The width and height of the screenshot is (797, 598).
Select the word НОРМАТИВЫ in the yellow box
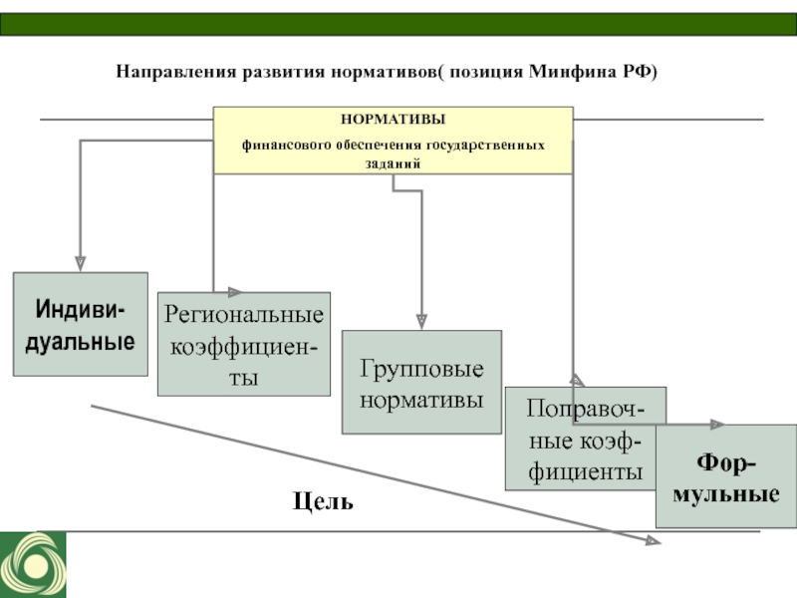pos(393,119)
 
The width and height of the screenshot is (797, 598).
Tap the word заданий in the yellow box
pos(393,163)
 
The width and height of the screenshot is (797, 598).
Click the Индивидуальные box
pos(81,324)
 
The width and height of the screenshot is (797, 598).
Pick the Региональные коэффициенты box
pos(244,344)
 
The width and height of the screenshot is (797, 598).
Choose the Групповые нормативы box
pos(421,382)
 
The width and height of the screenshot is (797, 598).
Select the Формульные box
pos(726,476)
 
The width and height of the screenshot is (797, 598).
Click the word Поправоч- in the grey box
pos(586,409)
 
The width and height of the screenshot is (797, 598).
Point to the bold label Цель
pos(323,501)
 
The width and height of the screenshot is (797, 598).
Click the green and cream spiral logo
pos(33,564)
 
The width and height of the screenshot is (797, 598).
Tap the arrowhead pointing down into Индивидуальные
pos(81,264)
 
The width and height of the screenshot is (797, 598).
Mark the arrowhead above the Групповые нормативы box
pos(421,322)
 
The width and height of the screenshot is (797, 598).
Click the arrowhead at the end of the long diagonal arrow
pos(654,541)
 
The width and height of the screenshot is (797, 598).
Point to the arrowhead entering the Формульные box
pos(717,425)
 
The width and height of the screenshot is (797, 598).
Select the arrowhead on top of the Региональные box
pos(235,292)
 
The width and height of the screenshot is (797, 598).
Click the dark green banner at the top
pos(398,24)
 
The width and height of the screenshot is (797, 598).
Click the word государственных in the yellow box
pos(485,146)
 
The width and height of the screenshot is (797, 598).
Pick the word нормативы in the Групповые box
pos(421,400)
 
